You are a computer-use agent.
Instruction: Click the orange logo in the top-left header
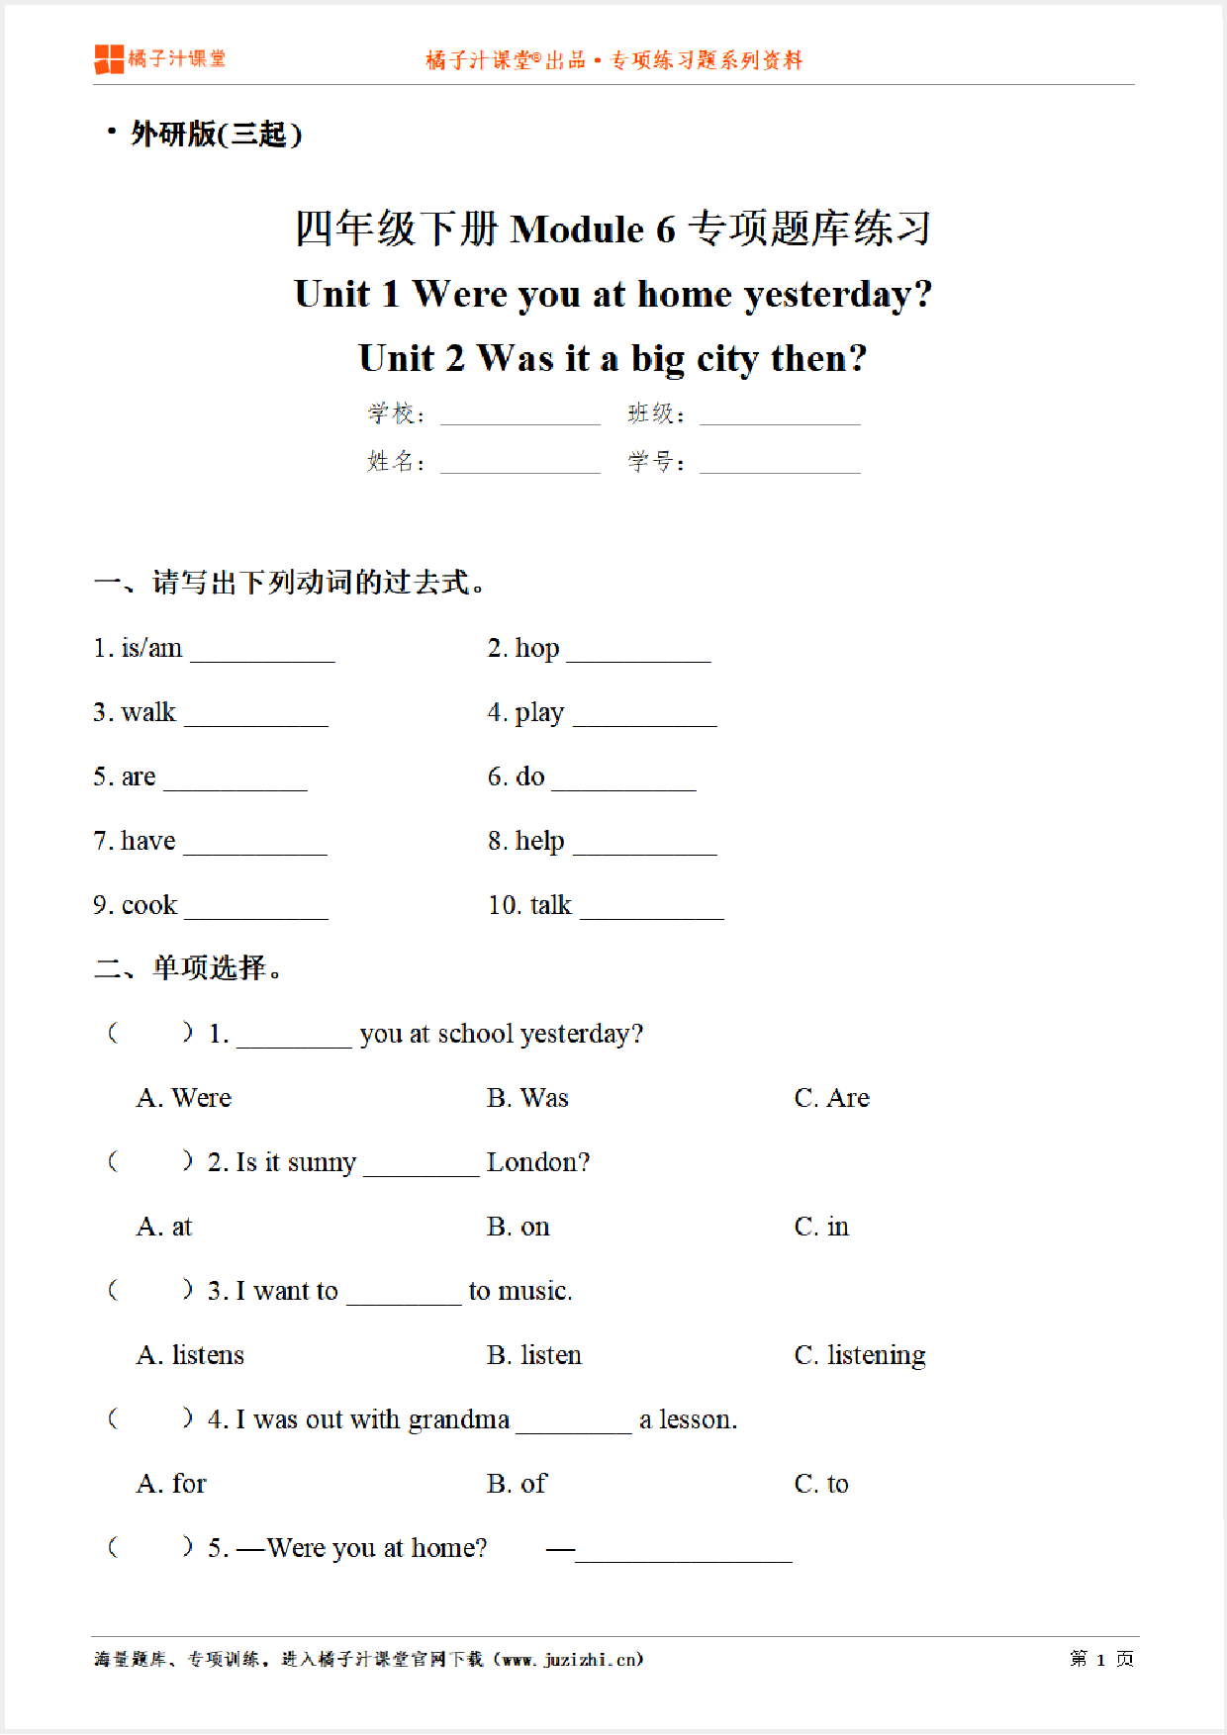[109, 59]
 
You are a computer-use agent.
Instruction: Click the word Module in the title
[578, 229]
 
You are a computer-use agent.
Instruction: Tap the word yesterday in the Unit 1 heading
[827, 295]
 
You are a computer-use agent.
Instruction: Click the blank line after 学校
[519, 415]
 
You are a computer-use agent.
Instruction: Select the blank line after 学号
[780, 463]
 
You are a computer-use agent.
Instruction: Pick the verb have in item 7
[147, 842]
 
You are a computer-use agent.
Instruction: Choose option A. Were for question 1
[184, 1099]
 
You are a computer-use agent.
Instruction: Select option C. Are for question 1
[831, 1099]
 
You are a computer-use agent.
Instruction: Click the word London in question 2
[537, 1163]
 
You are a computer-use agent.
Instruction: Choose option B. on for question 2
[518, 1228]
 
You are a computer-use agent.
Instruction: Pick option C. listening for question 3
[859, 1356]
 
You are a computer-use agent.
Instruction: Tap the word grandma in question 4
[458, 1420]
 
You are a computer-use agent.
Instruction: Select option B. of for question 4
[517, 1485]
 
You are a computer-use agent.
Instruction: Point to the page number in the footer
[1100, 1660]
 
